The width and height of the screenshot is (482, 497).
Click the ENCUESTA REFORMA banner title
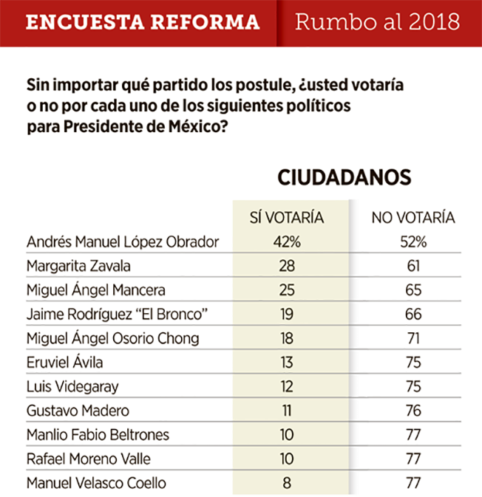coord(143,22)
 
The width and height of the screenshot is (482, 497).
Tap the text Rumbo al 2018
coord(377,21)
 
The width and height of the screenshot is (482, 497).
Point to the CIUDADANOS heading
coord(344,177)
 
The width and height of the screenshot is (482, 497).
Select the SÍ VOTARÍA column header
coord(287,217)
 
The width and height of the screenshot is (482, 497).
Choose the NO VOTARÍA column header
coord(413,218)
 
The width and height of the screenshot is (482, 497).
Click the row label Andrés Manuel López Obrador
coord(123,241)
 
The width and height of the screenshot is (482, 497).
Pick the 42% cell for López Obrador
coord(287,241)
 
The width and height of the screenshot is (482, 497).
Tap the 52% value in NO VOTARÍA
coord(413,241)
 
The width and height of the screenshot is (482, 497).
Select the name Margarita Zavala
coord(78,266)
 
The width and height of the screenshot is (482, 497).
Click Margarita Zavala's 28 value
coord(287,266)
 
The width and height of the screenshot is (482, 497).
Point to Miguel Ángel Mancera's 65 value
coord(413,290)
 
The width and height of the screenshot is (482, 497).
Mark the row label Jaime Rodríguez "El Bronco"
coord(117,315)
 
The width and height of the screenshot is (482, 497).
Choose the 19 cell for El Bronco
coord(287,314)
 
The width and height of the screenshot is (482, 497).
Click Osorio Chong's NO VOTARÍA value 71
coord(413,338)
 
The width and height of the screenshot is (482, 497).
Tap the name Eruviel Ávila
coord(65,362)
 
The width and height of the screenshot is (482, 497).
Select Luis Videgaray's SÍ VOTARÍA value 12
coord(287,386)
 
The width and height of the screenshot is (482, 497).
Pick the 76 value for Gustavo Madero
coord(413,411)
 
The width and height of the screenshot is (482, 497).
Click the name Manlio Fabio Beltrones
coord(98,434)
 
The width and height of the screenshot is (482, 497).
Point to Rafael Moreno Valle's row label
coord(89,459)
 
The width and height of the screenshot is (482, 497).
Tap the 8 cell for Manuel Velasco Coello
coord(287,483)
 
